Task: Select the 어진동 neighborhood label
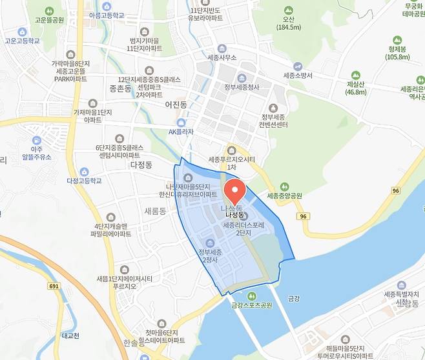click(176, 104)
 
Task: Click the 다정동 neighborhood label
click(140, 165)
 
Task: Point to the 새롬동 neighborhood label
click(155, 211)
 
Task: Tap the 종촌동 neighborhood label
click(121, 88)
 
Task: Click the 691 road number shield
click(54, 285)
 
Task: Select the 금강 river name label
click(294, 298)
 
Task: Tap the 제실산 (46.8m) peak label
click(357, 88)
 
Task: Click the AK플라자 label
click(181, 132)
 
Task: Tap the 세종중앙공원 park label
click(285, 195)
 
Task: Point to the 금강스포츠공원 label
click(249, 305)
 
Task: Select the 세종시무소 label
click(222, 57)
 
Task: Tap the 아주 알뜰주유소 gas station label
click(36, 152)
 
